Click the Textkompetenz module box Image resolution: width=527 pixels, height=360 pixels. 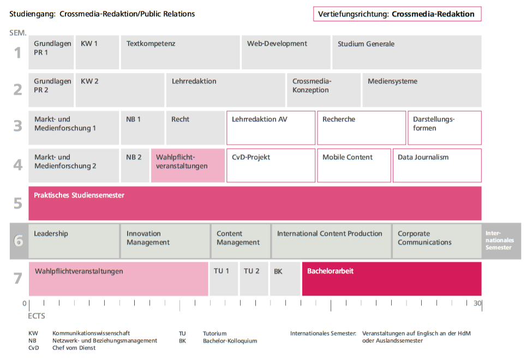pos(181,52)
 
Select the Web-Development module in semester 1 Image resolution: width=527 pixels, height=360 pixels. pos(286,52)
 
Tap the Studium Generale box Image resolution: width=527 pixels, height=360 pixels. pos(406,52)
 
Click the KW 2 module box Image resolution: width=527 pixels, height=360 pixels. pos(120,90)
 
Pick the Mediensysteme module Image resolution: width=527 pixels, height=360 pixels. pos(422,90)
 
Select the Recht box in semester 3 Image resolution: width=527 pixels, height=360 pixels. pos(195,128)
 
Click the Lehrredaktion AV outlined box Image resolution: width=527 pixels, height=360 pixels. pos(271,128)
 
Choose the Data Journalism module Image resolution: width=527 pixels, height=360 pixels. pos(437,165)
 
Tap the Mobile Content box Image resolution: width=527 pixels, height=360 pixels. pos(354,165)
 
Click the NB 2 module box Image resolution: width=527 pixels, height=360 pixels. pos(135,165)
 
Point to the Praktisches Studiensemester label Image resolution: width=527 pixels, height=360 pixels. pos(79,195)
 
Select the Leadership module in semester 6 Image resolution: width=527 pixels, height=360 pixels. pos(74,241)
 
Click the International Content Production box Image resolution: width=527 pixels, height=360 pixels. pos(331,241)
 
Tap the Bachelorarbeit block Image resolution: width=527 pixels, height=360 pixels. pos(392,279)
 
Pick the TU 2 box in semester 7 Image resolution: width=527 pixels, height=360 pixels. pos(254,279)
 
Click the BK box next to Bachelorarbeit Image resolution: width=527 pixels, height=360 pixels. pos(285,279)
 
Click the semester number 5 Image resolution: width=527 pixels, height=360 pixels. pos(18,203)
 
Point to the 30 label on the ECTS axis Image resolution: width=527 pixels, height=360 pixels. pos(477,303)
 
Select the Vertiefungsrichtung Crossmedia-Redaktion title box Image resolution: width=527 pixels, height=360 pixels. pos(397,14)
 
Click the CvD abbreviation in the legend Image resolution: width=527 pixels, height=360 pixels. pos(34,348)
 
